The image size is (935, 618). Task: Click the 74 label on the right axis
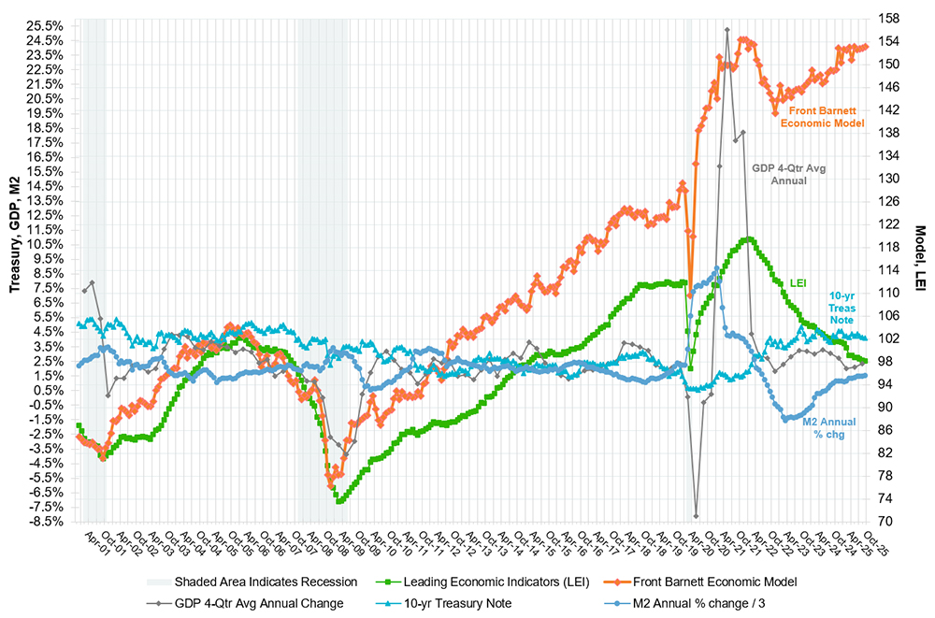point(885,498)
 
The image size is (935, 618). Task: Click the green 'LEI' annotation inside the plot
point(798,281)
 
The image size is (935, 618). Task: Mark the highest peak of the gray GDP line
point(727,30)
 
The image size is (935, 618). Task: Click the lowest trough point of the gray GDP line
point(697,515)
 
